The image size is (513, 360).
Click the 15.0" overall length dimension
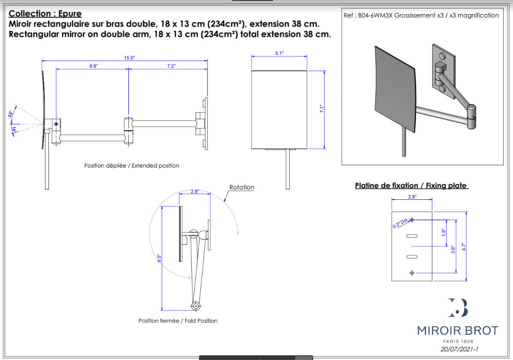[130, 58]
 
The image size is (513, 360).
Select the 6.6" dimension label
[94, 66]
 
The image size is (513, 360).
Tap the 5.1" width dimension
[279, 53]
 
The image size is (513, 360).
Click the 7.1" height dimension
[322, 109]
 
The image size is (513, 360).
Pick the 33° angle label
[10, 114]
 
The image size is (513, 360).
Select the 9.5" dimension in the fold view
[159, 258]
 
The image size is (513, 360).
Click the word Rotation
[241, 187]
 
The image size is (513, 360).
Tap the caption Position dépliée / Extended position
[132, 165]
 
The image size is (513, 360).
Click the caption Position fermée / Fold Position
[178, 321]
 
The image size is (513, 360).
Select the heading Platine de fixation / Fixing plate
[411, 186]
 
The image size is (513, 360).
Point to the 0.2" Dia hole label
[399, 222]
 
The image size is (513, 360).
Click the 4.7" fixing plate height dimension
[463, 246]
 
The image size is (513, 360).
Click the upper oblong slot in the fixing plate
[412, 236]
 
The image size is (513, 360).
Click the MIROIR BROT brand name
[458, 330]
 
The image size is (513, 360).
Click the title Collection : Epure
[45, 14]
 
